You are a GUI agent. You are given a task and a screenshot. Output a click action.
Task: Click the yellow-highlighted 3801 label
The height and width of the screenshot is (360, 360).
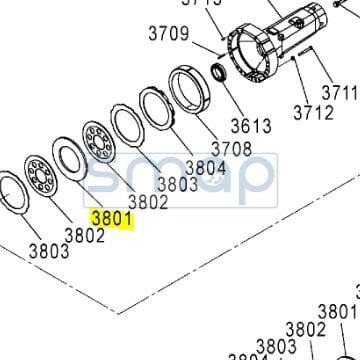111,217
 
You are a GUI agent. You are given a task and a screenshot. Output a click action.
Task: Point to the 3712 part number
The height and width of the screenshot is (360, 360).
312,112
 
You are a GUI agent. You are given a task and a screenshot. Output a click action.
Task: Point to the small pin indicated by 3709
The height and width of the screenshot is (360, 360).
221,47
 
